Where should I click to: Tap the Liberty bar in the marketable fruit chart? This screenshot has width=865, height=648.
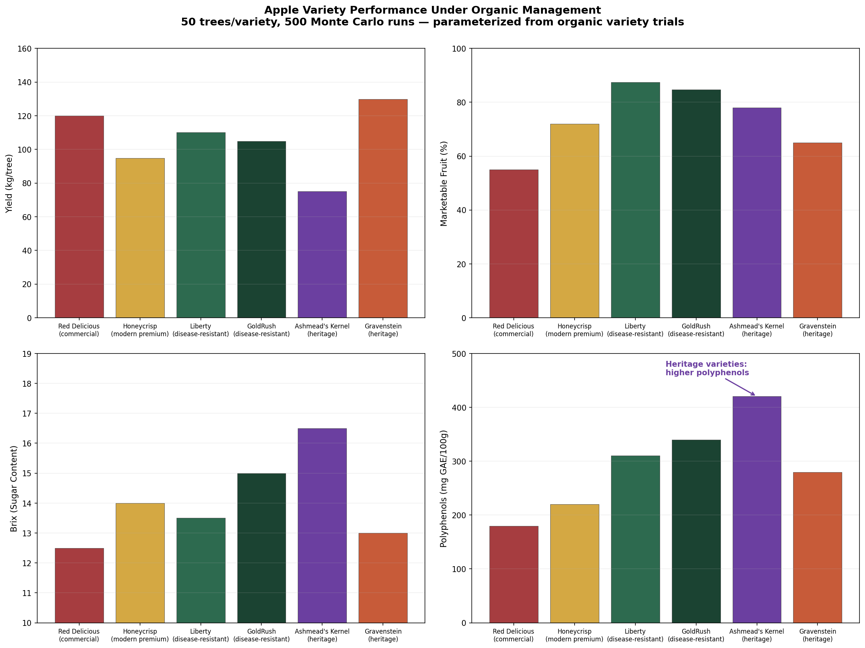pos(635,200)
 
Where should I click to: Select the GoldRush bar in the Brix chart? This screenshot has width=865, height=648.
pos(261,547)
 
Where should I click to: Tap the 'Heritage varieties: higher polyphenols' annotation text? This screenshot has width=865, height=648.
pos(707,368)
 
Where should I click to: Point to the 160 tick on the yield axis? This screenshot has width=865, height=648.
pos(24,49)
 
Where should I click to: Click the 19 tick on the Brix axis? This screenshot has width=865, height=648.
pos(27,354)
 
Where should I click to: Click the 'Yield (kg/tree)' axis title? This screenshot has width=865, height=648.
pos(9,184)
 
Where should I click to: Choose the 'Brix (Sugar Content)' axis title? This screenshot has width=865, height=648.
pos(14,488)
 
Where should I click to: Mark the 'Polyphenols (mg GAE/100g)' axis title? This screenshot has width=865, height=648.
pos(443,488)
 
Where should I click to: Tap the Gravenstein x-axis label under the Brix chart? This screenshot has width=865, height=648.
pos(383,635)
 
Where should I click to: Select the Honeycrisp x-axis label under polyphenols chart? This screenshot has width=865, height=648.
pos(574,635)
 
